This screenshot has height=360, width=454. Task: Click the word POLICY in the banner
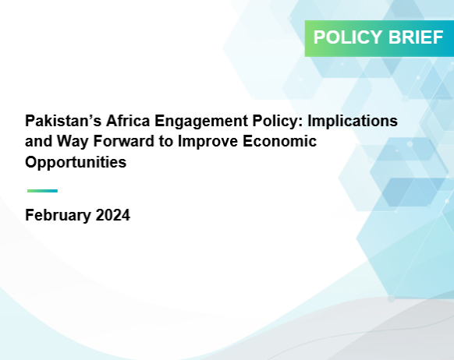348,37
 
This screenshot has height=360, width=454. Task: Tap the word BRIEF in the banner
416,37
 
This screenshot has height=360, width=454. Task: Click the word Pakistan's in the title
63,121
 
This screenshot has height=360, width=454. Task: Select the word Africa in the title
128,121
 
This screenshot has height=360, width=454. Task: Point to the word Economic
279,141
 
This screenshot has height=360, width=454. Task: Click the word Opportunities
76,163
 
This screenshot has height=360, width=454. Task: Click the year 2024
113,215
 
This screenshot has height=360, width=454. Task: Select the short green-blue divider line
42,191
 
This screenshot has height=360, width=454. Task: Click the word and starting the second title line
38,141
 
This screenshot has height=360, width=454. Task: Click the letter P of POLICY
319,37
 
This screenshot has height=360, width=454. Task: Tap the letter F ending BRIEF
438,37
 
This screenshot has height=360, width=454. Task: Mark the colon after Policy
301,122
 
